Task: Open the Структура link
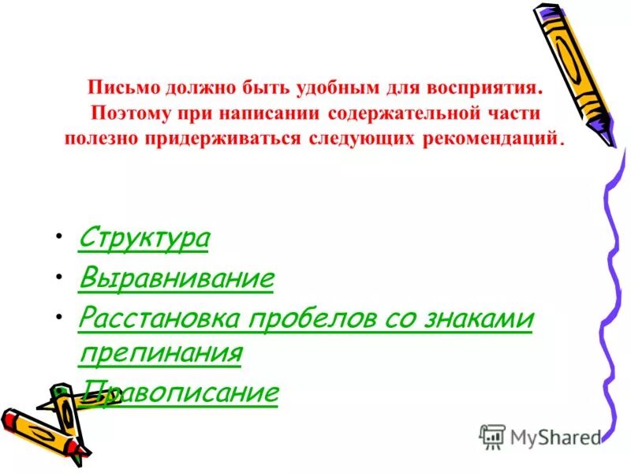point(144,238)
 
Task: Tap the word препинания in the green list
point(159,352)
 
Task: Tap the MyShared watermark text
point(555,436)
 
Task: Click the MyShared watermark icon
point(491,436)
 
